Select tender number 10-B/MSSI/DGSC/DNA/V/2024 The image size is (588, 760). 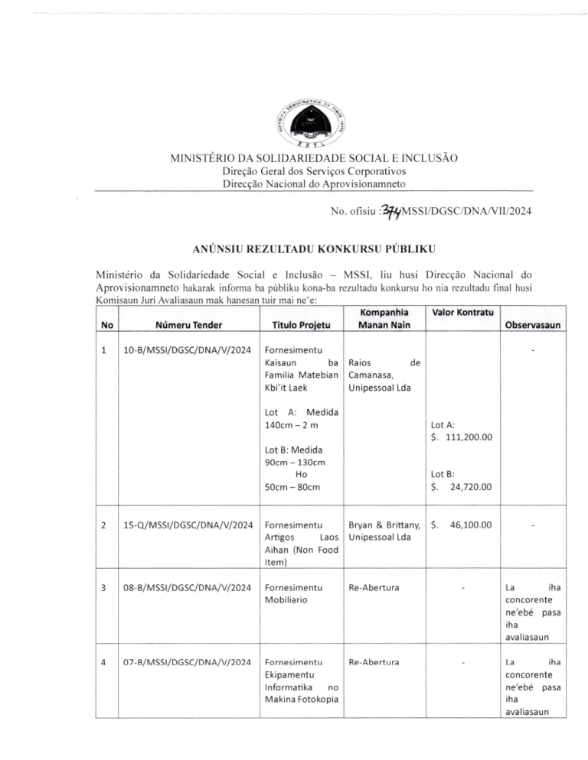pos(188,350)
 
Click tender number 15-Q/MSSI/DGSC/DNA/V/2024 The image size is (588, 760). pos(188,525)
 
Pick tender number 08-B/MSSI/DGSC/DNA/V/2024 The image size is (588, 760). pos(188,587)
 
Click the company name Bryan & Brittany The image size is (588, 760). pos(384,525)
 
